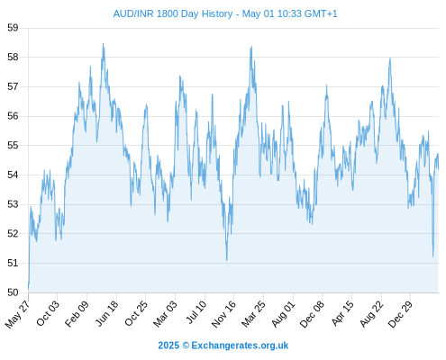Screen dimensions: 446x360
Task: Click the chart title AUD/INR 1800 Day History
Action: [x=173, y=13]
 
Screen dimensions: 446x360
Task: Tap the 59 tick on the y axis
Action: [x=13, y=28]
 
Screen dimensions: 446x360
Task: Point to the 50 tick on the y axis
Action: [x=13, y=292]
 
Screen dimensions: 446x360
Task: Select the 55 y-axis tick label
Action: [x=13, y=146]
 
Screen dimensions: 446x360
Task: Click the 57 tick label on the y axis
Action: [x=13, y=86]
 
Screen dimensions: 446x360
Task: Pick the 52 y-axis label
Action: [x=13, y=234]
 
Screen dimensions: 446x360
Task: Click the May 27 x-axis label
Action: [x=18, y=313]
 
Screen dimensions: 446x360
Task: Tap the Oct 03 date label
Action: [x=48, y=312]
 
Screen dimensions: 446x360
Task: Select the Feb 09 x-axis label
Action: [x=77, y=313]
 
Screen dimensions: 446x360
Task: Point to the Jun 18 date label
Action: [x=107, y=313]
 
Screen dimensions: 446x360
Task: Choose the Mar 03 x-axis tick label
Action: [x=165, y=313]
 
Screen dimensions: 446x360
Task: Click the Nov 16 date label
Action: [x=223, y=313]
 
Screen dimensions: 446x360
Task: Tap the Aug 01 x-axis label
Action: [x=283, y=313]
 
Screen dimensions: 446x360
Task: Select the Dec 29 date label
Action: [x=400, y=313]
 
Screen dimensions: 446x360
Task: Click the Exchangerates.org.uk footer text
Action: [x=240, y=346]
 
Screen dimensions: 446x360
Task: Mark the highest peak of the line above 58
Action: [x=103, y=44]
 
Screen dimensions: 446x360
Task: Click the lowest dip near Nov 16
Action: [x=227, y=260]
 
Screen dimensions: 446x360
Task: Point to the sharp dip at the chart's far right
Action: [x=432, y=256]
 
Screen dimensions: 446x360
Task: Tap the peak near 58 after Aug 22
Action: [x=390, y=58]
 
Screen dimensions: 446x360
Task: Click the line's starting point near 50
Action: [x=29, y=288]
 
